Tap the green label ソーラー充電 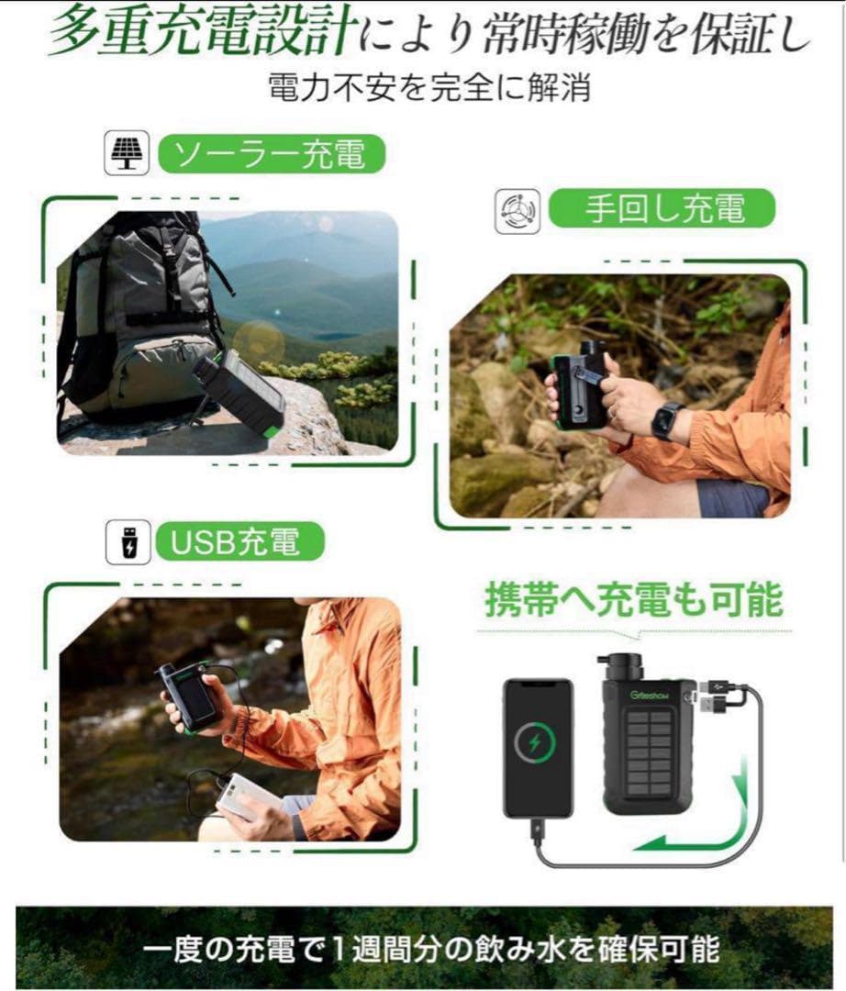tap(271, 155)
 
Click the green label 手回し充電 tap(662, 210)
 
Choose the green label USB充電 tap(241, 542)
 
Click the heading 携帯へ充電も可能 tap(633, 600)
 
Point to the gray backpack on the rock tap(138, 312)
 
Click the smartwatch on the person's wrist tap(667, 420)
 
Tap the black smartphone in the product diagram tap(538, 748)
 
